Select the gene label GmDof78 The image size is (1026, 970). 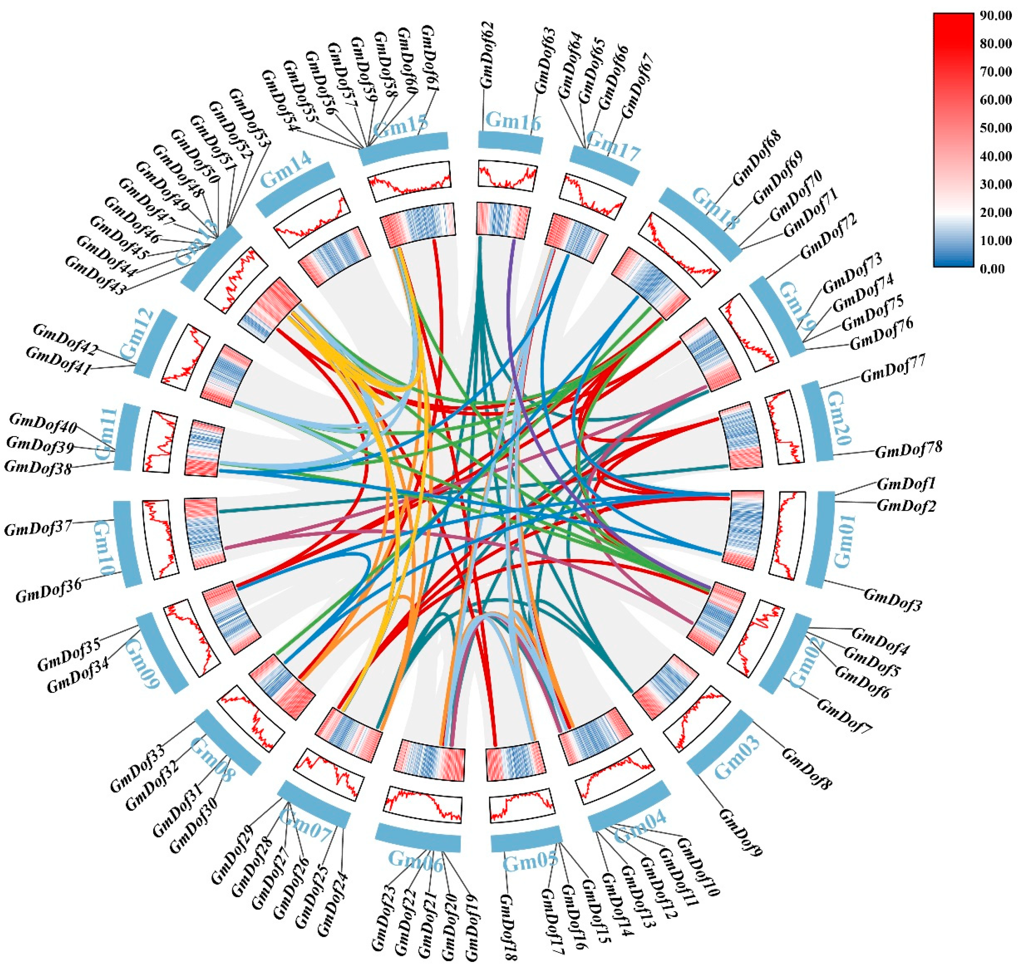[908, 449]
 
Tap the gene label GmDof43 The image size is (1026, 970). [95, 275]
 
